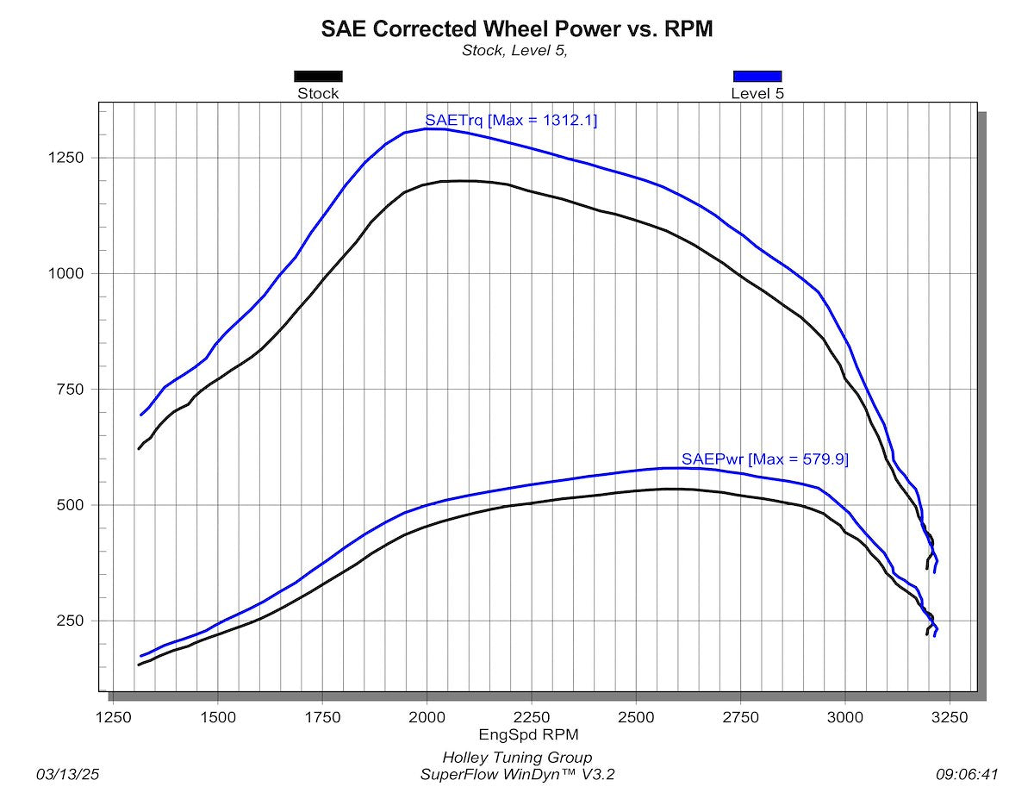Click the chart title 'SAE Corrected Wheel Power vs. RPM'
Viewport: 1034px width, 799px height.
517,28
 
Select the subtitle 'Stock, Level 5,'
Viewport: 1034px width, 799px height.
514,51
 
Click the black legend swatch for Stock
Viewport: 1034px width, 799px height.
318,76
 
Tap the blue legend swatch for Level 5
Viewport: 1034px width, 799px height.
757,76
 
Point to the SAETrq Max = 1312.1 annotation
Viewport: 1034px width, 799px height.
511,120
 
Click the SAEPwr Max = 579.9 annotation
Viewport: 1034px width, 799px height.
765,459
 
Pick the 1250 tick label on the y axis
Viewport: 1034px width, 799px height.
65,158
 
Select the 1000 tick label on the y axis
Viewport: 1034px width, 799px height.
65,273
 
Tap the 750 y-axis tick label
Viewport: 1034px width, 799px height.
70,390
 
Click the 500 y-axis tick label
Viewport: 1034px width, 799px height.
70,505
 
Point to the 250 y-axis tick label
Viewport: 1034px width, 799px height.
70,621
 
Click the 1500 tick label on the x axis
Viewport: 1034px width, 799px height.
218,717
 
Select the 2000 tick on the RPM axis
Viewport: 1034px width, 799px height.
427,717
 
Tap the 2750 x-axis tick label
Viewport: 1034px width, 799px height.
740,717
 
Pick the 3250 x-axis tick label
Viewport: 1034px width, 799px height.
950,717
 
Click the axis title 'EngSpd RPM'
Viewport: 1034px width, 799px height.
529,734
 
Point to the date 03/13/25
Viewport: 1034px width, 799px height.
67,775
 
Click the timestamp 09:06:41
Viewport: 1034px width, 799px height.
967,775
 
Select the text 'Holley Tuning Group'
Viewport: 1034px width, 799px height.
517,757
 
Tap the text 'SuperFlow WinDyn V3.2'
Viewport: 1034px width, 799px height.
517,775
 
